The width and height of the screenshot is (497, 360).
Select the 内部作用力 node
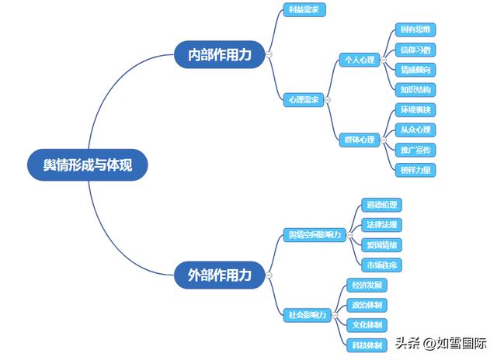click(x=220, y=54)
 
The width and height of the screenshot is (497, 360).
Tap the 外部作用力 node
click(x=220, y=275)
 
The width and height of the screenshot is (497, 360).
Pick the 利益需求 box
click(x=303, y=10)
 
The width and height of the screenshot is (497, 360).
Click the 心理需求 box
click(x=303, y=99)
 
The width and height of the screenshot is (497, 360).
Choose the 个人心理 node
click(x=359, y=60)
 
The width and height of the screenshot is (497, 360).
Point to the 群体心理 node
click(x=359, y=140)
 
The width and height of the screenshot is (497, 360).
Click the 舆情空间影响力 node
click(x=314, y=235)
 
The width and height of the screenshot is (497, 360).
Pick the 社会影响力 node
click(x=308, y=315)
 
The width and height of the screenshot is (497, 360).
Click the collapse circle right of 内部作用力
click(x=268, y=54)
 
